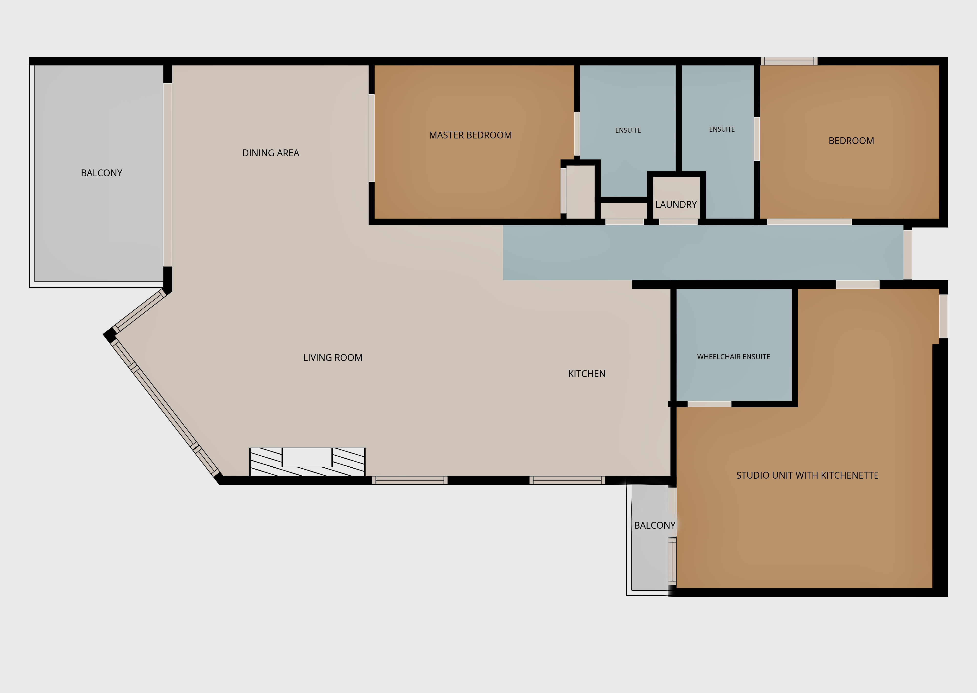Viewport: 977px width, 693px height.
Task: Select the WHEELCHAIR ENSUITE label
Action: (x=733, y=357)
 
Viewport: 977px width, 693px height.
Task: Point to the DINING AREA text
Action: (x=271, y=153)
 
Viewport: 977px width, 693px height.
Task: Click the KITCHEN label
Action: (x=586, y=374)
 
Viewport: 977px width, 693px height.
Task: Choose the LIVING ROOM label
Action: (x=332, y=357)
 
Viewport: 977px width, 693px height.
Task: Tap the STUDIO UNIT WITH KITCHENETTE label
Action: (x=807, y=475)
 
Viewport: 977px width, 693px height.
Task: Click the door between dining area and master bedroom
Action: (x=371, y=138)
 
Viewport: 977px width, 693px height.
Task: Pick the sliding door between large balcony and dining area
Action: (x=168, y=175)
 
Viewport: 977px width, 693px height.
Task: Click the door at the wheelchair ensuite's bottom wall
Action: (x=709, y=404)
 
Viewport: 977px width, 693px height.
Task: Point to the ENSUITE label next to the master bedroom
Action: (x=628, y=130)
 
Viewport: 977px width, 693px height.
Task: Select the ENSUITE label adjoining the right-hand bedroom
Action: (x=722, y=129)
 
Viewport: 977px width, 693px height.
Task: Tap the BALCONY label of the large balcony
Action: (x=102, y=173)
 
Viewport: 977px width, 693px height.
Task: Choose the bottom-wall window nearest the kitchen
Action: (x=567, y=480)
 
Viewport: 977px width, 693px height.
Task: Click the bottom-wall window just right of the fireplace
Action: (x=410, y=480)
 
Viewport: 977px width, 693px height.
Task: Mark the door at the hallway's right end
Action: (x=908, y=255)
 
